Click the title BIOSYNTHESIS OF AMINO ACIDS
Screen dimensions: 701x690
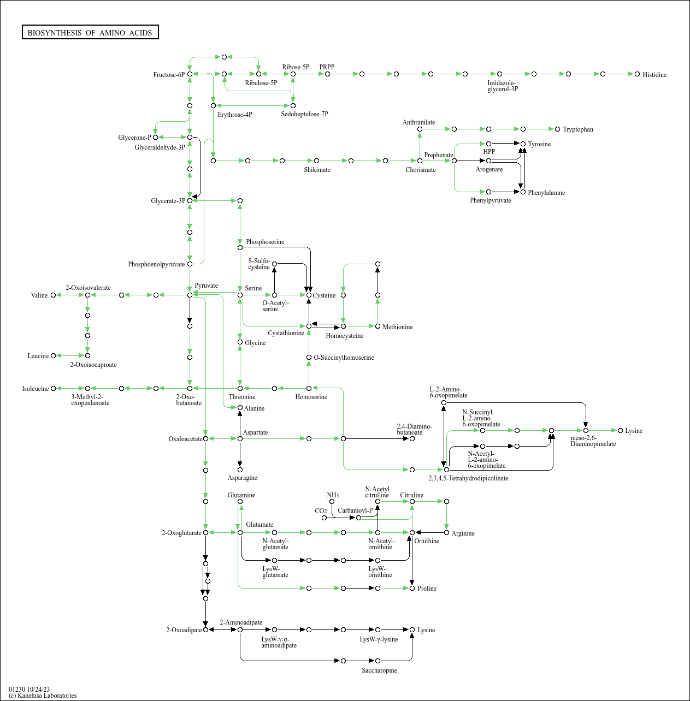pos(90,33)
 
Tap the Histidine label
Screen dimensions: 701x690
pos(654,75)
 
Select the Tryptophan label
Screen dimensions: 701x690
pos(577,129)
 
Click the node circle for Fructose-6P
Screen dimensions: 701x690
pos(190,74)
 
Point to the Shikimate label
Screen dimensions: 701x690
pos(317,170)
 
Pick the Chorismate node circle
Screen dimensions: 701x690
pos(420,161)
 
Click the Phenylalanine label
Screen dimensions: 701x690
pos(546,193)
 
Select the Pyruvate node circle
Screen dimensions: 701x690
pos(190,295)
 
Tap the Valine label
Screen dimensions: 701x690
pos(39,295)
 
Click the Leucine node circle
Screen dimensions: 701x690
pos(53,355)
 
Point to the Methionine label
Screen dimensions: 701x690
pos(397,327)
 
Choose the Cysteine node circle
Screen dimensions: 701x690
pos(309,295)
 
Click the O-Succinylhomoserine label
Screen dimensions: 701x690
pos(344,358)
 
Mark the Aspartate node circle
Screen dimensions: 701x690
pos(240,438)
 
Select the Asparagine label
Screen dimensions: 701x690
pos(242,478)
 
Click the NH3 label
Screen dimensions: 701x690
pos(333,495)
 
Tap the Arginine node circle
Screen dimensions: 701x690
pos(446,532)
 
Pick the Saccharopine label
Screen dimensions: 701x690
pos(379,670)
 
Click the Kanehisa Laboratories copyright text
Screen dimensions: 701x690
pos(43,696)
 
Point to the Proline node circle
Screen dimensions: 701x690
pos(412,588)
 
